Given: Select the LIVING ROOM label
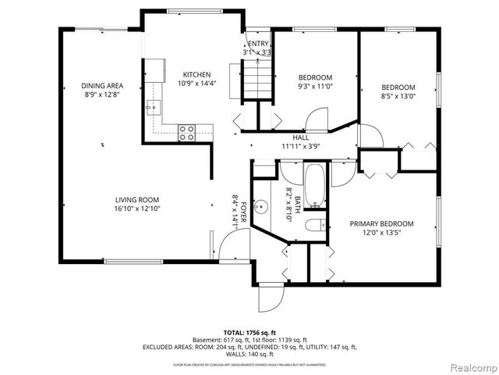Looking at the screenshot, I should tap(137, 199).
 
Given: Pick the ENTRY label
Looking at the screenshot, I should tap(258, 44).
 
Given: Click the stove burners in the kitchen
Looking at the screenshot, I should tap(186, 133).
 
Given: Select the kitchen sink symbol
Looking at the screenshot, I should tap(155, 105).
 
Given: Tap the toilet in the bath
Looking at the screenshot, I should tap(315, 226).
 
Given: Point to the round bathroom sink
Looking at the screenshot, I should tap(264, 207).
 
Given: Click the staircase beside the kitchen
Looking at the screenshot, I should tap(256, 78).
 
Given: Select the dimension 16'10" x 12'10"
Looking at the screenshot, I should tap(137, 209).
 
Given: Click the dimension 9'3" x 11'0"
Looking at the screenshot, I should tap(316, 87).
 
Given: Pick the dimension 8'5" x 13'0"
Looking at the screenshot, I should tap(398, 97).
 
